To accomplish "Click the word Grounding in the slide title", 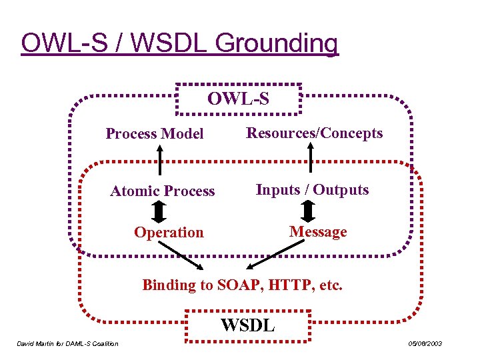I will (x=277, y=43).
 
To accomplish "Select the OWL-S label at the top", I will (x=238, y=99).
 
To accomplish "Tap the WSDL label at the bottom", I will (x=247, y=326).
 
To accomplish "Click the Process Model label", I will (x=155, y=134).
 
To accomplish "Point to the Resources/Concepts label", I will (x=315, y=133).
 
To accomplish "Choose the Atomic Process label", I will (x=163, y=191).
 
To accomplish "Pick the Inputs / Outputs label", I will (x=312, y=190).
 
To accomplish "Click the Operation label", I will (x=169, y=233).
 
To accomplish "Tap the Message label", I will (x=318, y=232).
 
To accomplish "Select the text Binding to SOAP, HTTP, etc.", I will (x=243, y=285).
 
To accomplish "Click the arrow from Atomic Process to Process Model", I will (x=159, y=161).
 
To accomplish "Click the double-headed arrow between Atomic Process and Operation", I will (x=159, y=211).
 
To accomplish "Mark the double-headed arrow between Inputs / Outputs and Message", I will (x=308, y=211).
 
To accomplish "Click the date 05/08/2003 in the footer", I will (x=425, y=344).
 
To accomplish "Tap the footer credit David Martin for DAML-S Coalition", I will (x=67, y=344).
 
